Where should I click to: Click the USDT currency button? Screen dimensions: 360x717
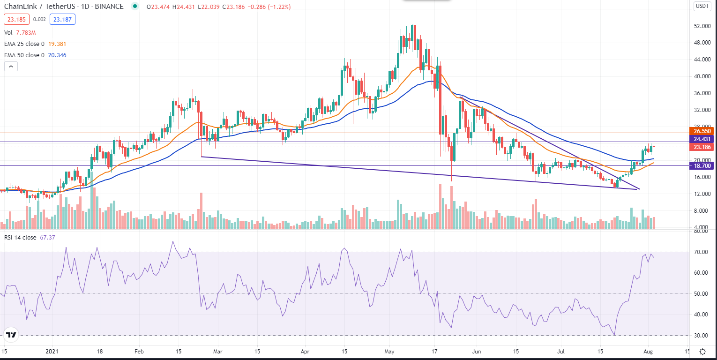coord(702,6)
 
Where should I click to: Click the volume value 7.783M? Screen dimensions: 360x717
coord(26,33)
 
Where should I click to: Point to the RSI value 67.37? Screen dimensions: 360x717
coord(48,238)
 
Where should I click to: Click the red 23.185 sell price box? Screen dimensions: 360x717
coord(16,20)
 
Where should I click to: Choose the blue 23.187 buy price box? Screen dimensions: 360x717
coord(63,20)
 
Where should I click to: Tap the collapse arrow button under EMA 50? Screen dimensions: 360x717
coord(10,67)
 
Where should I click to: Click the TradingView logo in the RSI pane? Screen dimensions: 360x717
coord(11,335)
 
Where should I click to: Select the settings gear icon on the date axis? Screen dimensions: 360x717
coord(702,352)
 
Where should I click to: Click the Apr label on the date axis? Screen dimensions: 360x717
coord(305,351)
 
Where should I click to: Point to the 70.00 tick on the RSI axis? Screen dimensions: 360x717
coord(700,252)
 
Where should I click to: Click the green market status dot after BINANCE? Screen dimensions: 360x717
coord(135,7)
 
